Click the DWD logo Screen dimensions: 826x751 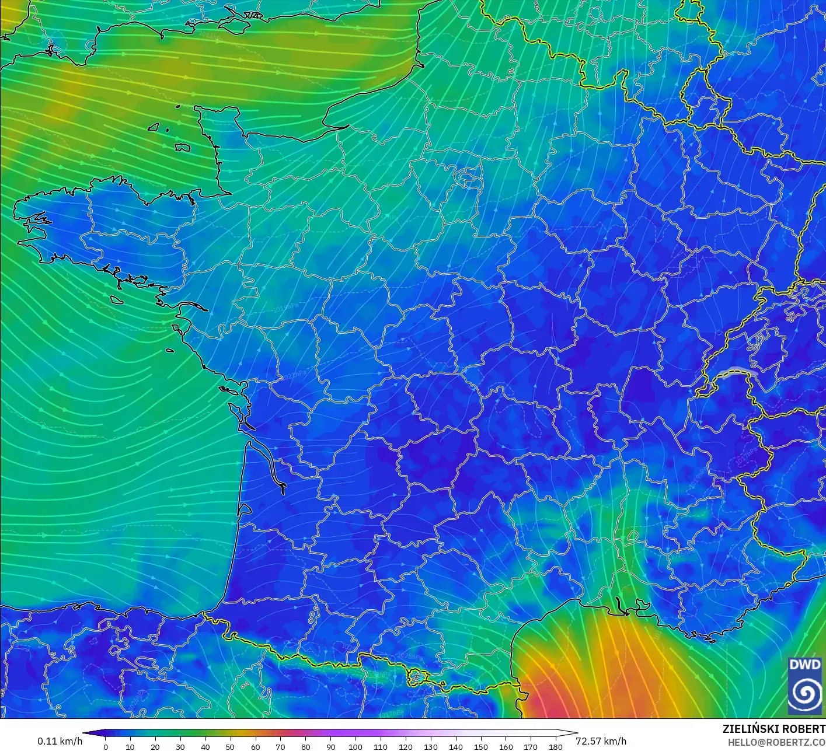point(804,685)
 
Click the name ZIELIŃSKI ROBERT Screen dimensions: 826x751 point(773,729)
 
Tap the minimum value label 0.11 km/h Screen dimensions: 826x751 point(60,741)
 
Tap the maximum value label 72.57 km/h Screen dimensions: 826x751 point(601,741)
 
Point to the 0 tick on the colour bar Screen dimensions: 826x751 point(106,747)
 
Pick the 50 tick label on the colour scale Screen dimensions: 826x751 point(231,747)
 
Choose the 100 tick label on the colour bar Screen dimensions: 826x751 point(356,747)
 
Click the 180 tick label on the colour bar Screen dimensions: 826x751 point(556,747)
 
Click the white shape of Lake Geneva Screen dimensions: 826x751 point(737,372)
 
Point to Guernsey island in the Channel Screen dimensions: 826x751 point(154,127)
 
